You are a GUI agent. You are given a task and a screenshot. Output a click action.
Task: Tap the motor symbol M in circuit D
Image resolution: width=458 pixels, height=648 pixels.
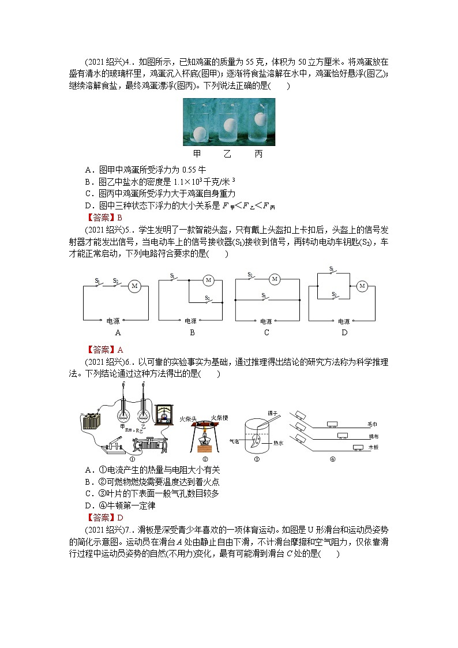click(362, 286)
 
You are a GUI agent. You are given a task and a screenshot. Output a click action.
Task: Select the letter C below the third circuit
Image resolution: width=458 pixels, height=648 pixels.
click(266, 333)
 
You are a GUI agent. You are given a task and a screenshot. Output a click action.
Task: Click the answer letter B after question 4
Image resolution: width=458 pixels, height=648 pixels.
click(120, 218)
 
